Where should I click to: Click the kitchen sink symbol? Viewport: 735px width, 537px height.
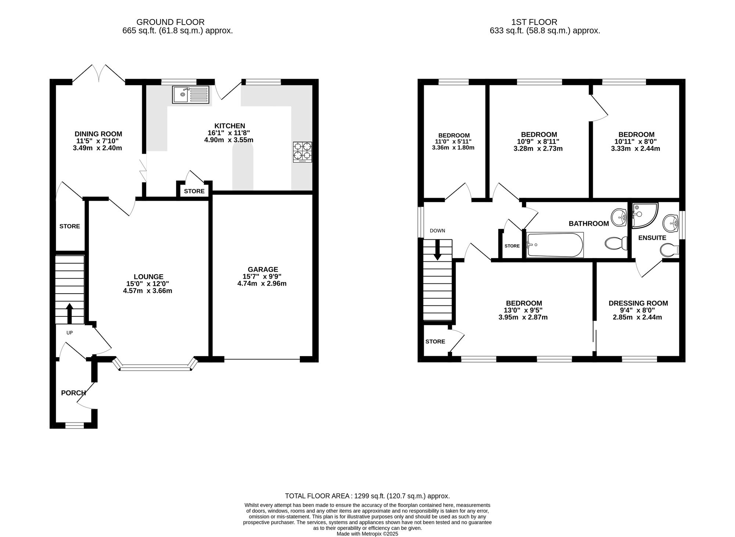(x=190, y=94)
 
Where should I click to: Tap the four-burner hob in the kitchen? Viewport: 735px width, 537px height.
(x=302, y=152)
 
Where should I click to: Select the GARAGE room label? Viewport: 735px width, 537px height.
(x=262, y=269)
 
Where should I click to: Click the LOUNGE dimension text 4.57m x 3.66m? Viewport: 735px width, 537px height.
(x=148, y=291)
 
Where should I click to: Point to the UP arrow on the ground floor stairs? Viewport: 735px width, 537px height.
(x=69, y=313)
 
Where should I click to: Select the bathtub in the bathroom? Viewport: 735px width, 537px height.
(x=555, y=245)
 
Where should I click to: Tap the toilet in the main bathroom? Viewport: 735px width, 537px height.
(x=616, y=243)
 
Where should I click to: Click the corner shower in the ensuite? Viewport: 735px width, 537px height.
(x=644, y=215)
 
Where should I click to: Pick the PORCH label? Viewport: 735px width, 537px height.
(x=73, y=393)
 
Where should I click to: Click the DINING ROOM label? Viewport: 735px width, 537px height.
(x=98, y=134)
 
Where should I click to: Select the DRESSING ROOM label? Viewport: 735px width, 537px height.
(x=638, y=303)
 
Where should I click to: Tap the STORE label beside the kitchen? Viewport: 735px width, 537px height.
(x=194, y=191)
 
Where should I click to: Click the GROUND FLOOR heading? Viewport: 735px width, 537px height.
(x=170, y=22)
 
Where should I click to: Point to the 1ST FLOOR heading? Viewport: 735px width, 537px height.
(x=545, y=22)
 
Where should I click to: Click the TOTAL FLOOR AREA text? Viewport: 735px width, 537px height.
(x=367, y=496)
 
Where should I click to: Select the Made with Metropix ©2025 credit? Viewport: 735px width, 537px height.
(x=367, y=534)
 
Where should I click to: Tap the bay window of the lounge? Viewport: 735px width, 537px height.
(x=155, y=367)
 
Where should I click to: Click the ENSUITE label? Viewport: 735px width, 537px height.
(x=652, y=238)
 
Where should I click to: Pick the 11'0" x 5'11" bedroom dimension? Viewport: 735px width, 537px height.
(x=454, y=142)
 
